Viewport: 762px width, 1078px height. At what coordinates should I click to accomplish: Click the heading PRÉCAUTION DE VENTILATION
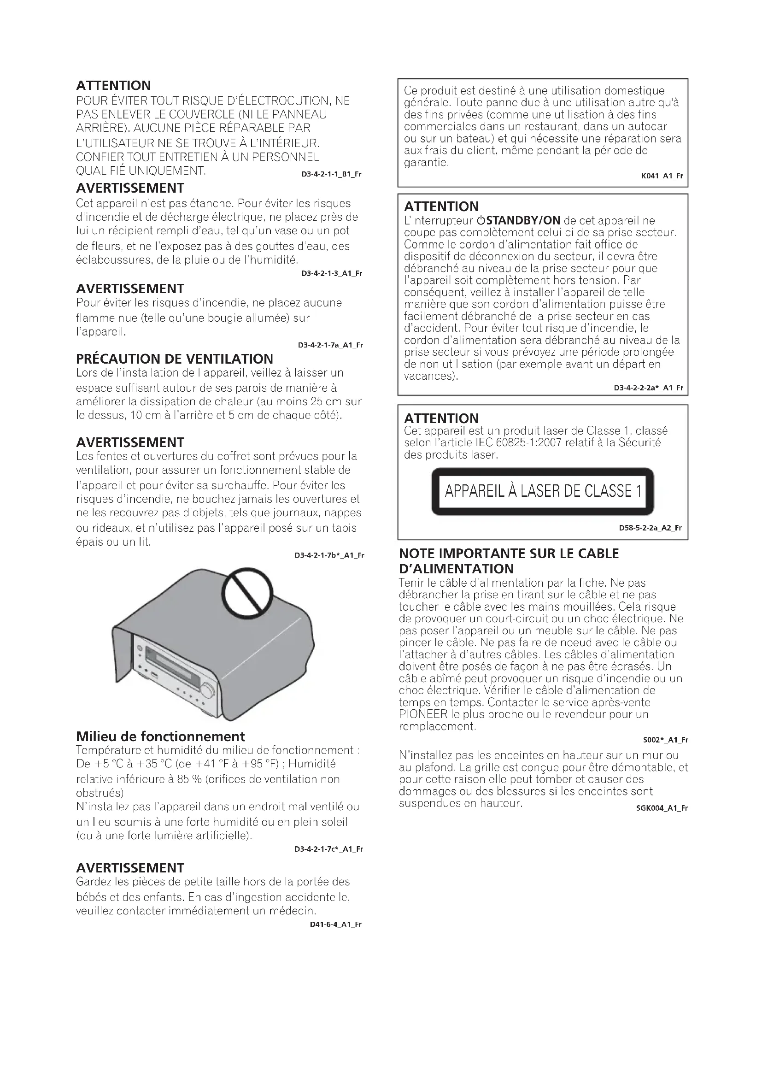pyautogui.click(x=174, y=359)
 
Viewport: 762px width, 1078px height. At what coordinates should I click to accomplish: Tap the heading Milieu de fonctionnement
pyautogui.click(x=160, y=736)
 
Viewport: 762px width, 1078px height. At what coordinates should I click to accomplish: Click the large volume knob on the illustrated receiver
pyautogui.click(x=207, y=690)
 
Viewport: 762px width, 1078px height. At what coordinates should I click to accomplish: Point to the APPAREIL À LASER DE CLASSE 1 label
pyautogui.click(x=542, y=491)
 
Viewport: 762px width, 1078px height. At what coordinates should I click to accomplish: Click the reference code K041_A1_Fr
pyautogui.click(x=662, y=176)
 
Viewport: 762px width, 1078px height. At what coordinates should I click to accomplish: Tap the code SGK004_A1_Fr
pyautogui.click(x=662, y=808)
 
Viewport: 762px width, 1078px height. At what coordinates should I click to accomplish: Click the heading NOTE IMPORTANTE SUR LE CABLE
pyautogui.click(x=509, y=554)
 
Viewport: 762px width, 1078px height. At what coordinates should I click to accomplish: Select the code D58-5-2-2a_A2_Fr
pyautogui.click(x=650, y=528)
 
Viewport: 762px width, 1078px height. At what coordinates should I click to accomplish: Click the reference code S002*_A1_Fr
pyautogui.click(x=665, y=740)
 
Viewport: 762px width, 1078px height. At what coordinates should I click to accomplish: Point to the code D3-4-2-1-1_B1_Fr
pyautogui.click(x=331, y=174)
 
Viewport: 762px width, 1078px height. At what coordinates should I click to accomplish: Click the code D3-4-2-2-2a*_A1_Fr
pyautogui.click(x=648, y=388)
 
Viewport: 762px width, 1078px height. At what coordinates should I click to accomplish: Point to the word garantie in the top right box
pyautogui.click(x=426, y=162)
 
